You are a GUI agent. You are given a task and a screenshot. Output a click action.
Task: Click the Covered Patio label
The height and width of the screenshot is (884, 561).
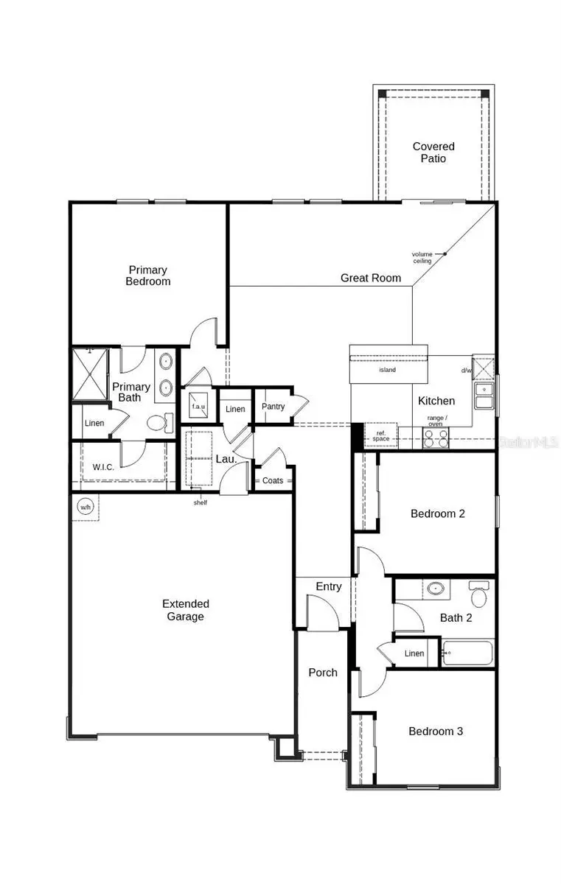pyautogui.click(x=433, y=152)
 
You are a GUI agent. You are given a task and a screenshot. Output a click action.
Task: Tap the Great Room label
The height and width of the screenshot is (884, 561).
pyautogui.click(x=371, y=278)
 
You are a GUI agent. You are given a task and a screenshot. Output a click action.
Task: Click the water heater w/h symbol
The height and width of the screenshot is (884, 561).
pyautogui.click(x=85, y=507)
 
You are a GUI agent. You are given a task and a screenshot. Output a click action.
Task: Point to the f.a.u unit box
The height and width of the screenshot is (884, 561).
pyautogui.click(x=198, y=406)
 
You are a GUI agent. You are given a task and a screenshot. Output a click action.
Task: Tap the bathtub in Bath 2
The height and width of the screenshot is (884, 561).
pyautogui.click(x=467, y=653)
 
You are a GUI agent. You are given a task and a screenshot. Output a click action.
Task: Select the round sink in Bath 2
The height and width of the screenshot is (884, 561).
pyautogui.click(x=436, y=589)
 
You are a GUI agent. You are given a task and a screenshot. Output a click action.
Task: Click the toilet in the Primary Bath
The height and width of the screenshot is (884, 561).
pyautogui.click(x=158, y=423)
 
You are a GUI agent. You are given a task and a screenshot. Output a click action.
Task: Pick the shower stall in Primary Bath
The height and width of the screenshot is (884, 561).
pyautogui.click(x=90, y=373)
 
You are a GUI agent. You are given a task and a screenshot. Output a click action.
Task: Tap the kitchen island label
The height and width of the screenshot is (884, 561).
pyautogui.click(x=387, y=370)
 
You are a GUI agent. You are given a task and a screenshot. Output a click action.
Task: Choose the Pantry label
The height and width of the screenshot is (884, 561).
pyautogui.click(x=273, y=407)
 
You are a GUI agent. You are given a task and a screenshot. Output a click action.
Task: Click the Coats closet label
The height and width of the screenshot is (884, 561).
pyautogui.click(x=273, y=480)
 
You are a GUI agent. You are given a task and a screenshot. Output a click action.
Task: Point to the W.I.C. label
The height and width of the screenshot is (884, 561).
pyautogui.click(x=103, y=467)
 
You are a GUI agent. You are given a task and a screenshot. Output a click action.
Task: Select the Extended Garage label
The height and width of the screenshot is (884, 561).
pyautogui.click(x=184, y=610)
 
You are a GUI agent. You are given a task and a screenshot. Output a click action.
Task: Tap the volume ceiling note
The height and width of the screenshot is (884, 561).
pyautogui.click(x=422, y=257)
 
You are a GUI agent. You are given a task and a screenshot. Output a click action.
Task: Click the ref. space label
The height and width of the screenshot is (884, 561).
pyautogui.click(x=380, y=436)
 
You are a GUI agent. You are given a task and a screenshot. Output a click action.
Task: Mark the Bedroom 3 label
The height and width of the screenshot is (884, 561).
pyautogui.click(x=436, y=732)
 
